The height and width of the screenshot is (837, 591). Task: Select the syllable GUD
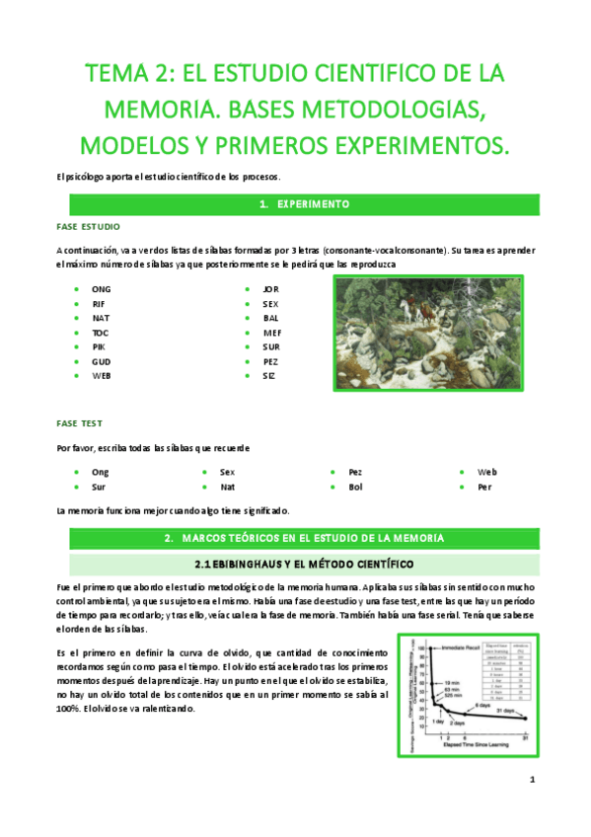coord(101,361)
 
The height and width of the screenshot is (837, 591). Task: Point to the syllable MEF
coord(272,333)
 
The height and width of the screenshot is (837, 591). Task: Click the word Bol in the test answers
coord(356,487)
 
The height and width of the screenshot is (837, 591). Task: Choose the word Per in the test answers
coord(484,487)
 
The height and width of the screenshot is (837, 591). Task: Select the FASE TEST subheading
coord(80,423)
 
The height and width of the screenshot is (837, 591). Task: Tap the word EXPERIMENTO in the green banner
coord(314,204)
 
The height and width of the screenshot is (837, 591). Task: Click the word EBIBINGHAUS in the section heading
coord(243,565)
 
